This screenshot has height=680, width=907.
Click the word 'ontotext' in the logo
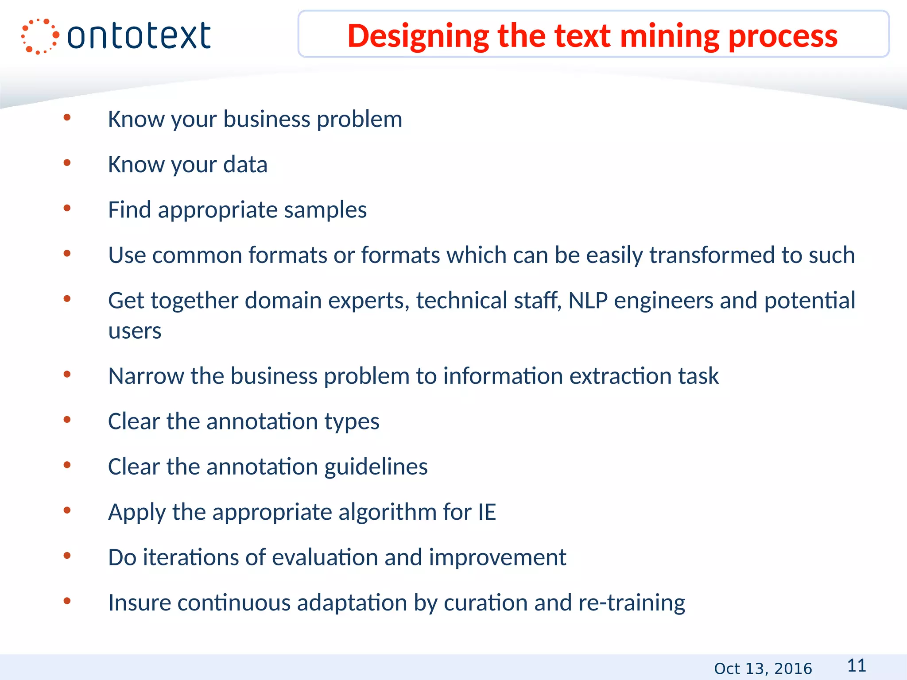click(139, 36)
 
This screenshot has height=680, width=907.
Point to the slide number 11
click(857, 665)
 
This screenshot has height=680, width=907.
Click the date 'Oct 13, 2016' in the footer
click(763, 668)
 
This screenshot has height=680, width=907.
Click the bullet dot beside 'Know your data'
click(67, 163)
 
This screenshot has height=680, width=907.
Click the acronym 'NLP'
click(588, 300)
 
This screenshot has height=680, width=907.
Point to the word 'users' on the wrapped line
click(135, 331)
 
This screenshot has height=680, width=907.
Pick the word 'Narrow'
click(146, 376)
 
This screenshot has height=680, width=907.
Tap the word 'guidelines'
click(376, 467)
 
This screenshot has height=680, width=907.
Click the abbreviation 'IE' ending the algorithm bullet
click(487, 512)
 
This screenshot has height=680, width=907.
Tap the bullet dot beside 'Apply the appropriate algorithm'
click(67, 510)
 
